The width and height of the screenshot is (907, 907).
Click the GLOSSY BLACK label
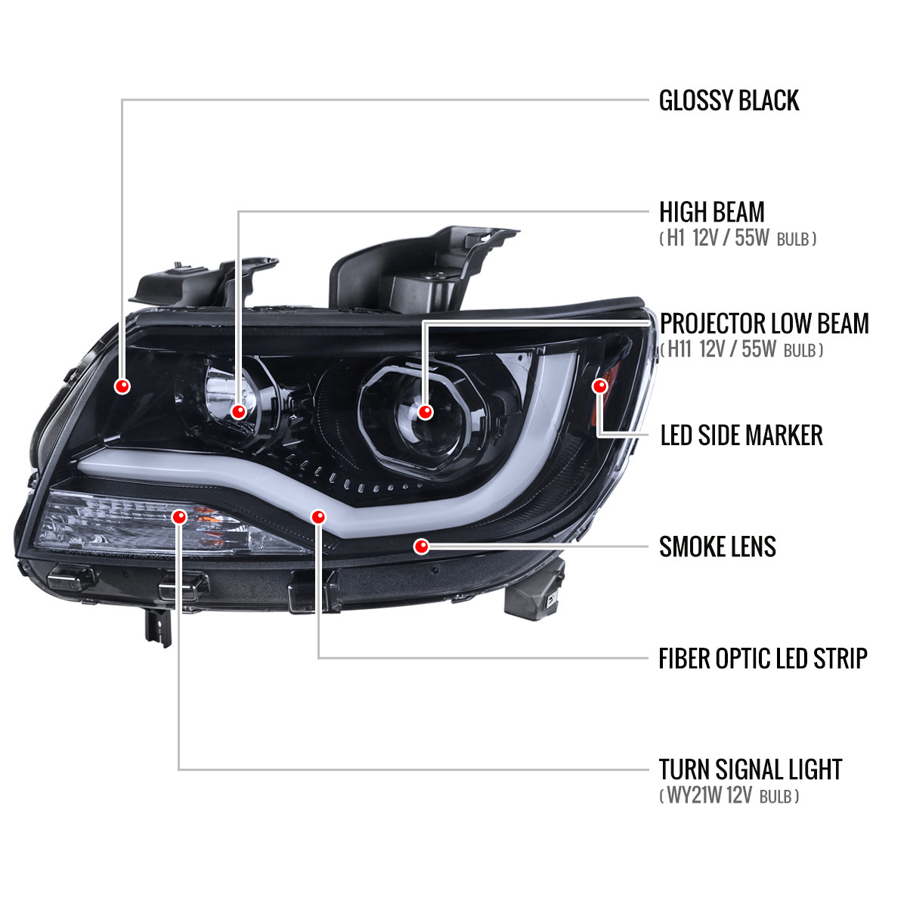[x=729, y=101]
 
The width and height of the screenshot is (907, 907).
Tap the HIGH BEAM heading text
[x=711, y=212]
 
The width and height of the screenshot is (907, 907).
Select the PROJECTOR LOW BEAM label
[x=764, y=323]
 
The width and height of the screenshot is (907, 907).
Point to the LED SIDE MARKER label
[x=741, y=435]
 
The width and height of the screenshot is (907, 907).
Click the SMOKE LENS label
[x=717, y=546]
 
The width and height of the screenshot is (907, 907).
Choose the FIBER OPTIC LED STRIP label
[x=763, y=658]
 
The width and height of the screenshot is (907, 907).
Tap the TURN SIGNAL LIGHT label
[x=750, y=769]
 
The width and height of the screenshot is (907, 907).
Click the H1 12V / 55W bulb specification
[x=738, y=240]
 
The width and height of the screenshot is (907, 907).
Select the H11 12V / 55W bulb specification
[x=741, y=350]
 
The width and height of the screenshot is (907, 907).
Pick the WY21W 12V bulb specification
[x=729, y=796]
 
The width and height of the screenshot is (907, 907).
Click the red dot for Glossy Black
[x=122, y=386]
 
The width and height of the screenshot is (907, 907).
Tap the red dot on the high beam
[x=239, y=411]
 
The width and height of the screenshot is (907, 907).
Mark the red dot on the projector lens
[x=425, y=412]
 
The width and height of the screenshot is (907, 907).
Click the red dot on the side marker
[x=600, y=386]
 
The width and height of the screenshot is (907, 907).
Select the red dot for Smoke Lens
[x=422, y=546]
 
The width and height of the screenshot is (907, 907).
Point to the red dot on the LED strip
[x=318, y=517]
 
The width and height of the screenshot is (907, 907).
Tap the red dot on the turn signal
[x=179, y=517]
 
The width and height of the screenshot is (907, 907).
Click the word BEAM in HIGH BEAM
[x=737, y=212]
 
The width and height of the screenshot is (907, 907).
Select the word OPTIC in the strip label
[x=740, y=658]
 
